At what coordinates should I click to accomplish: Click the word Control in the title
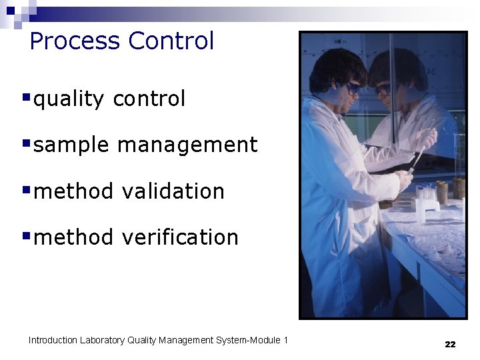coord(171,41)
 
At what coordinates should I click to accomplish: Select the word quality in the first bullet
coord(69,99)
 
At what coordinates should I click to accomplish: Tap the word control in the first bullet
coord(149,99)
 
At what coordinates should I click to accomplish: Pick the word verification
coord(179,237)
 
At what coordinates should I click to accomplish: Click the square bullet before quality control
coord(26,97)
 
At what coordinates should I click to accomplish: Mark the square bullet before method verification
coord(26,235)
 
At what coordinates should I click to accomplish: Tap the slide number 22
coord(450,344)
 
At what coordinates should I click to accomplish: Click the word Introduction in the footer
coord(53,341)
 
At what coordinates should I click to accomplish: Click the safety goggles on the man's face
coord(351,87)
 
